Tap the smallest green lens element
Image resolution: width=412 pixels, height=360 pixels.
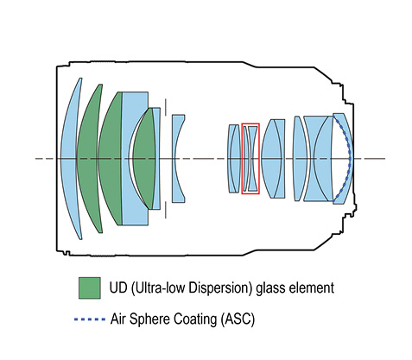point(144,158)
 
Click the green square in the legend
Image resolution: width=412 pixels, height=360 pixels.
point(90,288)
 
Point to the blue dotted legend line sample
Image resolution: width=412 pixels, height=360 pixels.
point(90,319)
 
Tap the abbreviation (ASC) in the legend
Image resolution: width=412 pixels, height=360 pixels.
point(238,319)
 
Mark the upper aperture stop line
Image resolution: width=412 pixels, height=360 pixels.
point(166,107)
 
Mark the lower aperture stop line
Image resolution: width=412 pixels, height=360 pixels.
point(166,210)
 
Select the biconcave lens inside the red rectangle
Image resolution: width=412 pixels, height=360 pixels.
point(253,158)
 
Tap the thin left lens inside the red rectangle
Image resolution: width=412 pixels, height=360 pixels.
point(245,158)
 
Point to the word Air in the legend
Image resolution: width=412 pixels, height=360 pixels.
point(117,319)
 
